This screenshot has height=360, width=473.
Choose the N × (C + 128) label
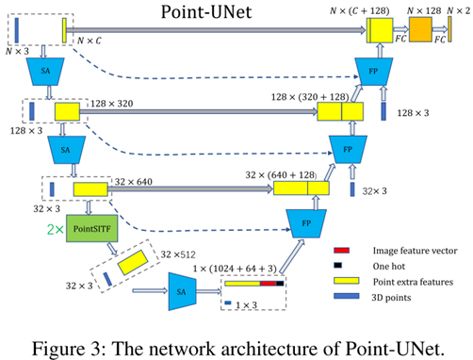[x=376, y=9]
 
